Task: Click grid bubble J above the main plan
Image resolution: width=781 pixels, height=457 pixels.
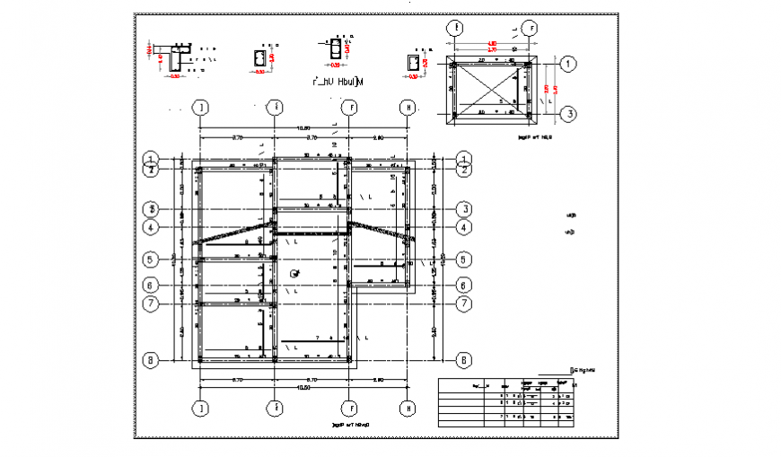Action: pyautogui.click(x=202, y=108)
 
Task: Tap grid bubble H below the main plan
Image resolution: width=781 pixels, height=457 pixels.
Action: pyautogui.click(x=408, y=409)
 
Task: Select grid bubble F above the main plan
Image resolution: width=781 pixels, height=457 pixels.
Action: pyautogui.click(x=351, y=108)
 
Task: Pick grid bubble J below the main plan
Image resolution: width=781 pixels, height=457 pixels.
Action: pyautogui.click(x=202, y=409)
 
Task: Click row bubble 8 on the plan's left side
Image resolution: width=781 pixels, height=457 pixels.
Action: pyautogui.click(x=152, y=361)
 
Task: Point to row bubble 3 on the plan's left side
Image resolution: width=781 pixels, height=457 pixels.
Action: pyautogui.click(x=152, y=209)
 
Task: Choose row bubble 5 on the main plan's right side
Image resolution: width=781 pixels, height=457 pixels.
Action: pyautogui.click(x=464, y=259)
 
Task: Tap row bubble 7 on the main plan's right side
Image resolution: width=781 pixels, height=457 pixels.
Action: pyautogui.click(x=464, y=303)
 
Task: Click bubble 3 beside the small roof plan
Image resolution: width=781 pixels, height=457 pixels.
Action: pyautogui.click(x=567, y=114)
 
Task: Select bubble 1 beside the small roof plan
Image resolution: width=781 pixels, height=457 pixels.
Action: pyautogui.click(x=567, y=64)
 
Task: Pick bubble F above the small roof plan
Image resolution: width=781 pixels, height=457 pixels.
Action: pyautogui.click(x=530, y=28)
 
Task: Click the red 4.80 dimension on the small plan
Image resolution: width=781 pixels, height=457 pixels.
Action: pyautogui.click(x=492, y=43)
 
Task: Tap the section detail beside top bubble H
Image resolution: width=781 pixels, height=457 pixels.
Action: pyautogui.click(x=415, y=63)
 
